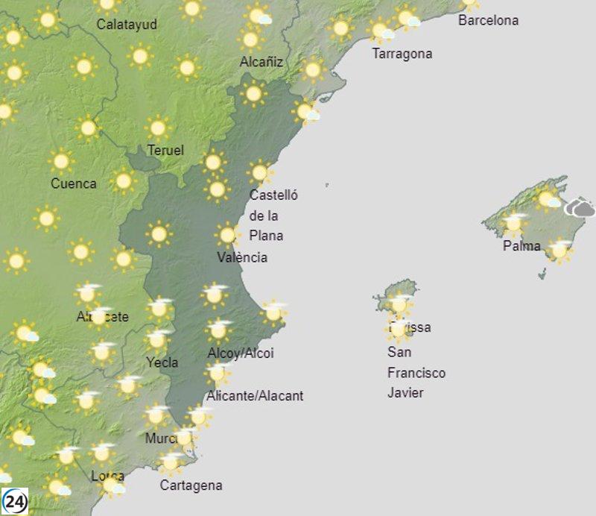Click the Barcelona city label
488,20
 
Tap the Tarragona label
402,54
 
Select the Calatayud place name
127,25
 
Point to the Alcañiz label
261,62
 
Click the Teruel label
165,151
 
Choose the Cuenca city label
73,183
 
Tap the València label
242,257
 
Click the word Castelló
273,195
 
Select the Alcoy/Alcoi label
241,353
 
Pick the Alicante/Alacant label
255,396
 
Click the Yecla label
162,362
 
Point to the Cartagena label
191,485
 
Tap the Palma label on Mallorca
521,245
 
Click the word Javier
405,392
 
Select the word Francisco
416,372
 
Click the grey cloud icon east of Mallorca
580,208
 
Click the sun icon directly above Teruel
157,127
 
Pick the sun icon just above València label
227,236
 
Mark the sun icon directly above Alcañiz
250,38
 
